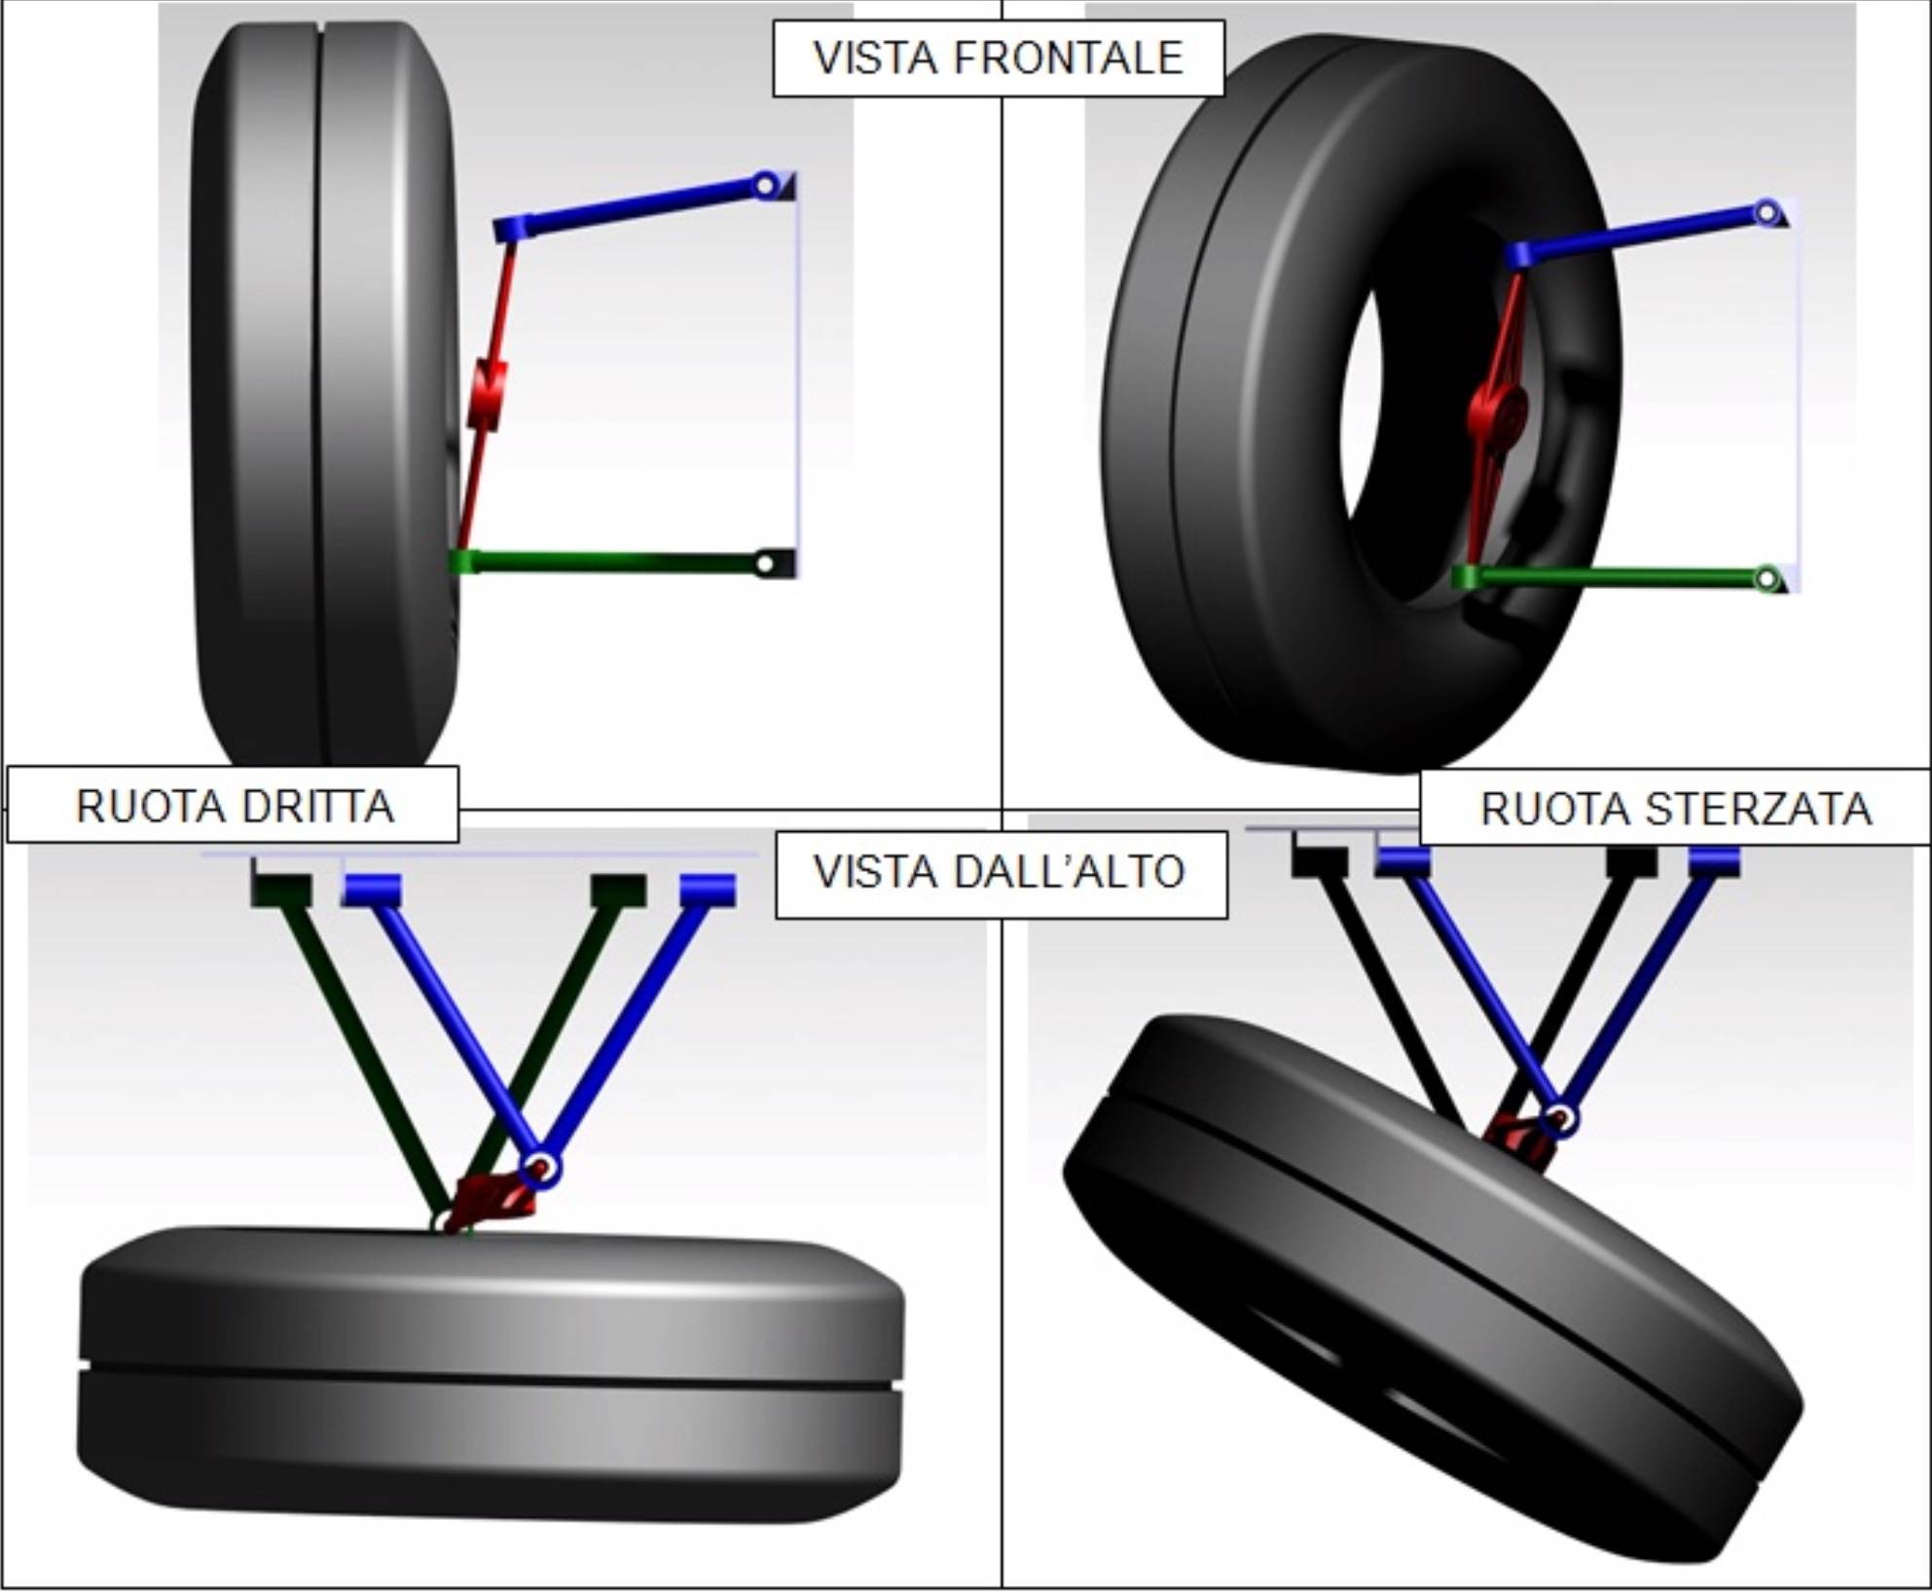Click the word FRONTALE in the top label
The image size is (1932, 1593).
[1068, 58]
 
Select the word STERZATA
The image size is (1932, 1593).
[1760, 809]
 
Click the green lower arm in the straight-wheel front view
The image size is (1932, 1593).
[623, 562]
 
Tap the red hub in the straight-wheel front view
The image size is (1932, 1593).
[488, 394]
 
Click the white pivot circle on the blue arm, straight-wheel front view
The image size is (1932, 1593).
[765, 184]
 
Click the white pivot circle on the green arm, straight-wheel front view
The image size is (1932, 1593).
[765, 563]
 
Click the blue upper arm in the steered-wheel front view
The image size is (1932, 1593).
[1645, 234]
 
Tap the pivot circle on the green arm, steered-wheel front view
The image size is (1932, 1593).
[1767, 579]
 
